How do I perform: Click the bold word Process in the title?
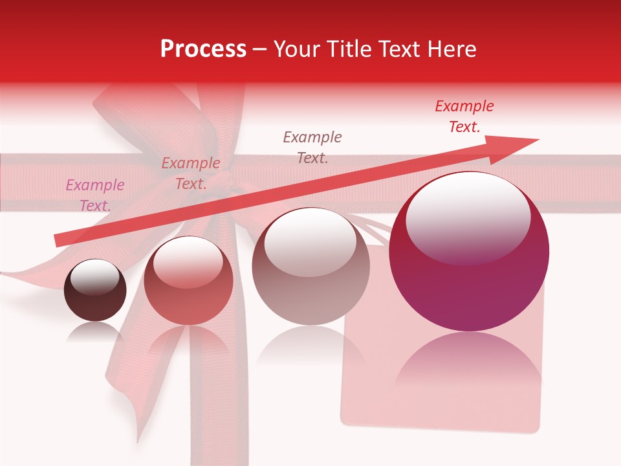tap(203, 49)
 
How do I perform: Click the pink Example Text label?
tap(95, 195)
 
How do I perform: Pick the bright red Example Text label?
tap(464, 116)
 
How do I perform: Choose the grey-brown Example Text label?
tap(312, 147)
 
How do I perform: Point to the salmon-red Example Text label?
tap(190, 173)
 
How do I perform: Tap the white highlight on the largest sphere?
tap(468, 217)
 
